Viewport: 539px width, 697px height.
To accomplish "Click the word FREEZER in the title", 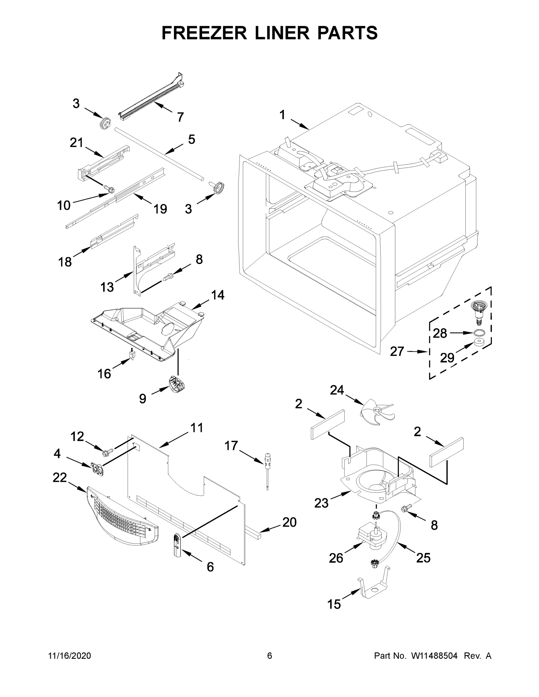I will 204,33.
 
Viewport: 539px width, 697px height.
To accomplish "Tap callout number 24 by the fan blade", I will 337,390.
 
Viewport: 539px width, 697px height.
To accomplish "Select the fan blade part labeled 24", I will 377,412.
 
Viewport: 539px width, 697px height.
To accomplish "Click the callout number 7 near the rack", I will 180,117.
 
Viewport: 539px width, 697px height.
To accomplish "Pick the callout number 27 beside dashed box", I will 397,351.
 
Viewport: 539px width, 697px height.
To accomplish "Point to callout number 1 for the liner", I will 282,115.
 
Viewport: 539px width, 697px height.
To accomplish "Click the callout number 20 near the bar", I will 289,522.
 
